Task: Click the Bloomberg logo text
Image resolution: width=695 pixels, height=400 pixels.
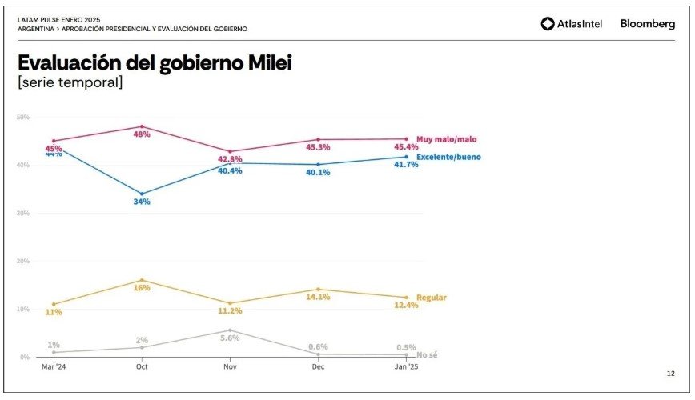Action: pyautogui.click(x=648, y=24)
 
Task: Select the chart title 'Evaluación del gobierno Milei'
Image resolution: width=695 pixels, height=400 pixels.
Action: pyautogui.click(x=155, y=63)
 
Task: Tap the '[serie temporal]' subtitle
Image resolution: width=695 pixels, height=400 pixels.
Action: pyautogui.click(x=70, y=82)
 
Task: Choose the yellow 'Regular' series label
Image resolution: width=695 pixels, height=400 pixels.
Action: pyautogui.click(x=432, y=298)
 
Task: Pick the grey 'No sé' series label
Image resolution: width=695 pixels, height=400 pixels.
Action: pyautogui.click(x=427, y=354)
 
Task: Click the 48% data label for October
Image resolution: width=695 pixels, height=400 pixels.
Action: pyautogui.click(x=142, y=134)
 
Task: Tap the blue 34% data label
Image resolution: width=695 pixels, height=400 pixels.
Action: pyautogui.click(x=142, y=202)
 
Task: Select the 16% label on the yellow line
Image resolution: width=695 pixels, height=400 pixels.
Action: pyautogui.click(x=142, y=288)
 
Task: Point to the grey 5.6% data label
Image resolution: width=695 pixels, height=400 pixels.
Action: pyautogui.click(x=230, y=338)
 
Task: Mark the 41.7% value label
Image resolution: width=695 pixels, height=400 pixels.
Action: pyautogui.click(x=406, y=165)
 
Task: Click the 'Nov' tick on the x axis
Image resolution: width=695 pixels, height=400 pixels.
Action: pyautogui.click(x=230, y=366)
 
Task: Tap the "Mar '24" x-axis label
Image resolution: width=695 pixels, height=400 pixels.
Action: pyautogui.click(x=54, y=366)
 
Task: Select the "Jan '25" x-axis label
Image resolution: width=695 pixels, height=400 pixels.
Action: pyautogui.click(x=406, y=366)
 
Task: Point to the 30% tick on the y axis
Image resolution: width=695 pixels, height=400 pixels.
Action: pyautogui.click(x=23, y=213)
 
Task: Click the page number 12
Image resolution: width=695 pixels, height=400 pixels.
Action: pyautogui.click(x=670, y=374)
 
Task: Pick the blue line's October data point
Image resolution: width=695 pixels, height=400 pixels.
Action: pyautogui.click(x=142, y=194)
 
